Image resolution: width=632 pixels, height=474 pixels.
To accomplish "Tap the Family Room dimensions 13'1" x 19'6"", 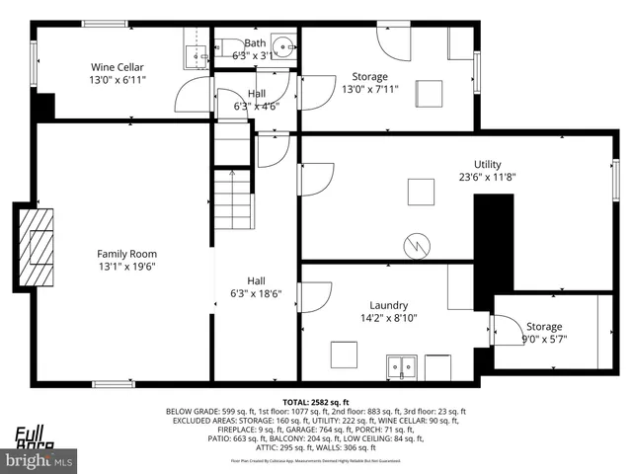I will [x=126, y=266].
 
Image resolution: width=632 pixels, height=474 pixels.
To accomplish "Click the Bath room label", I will [x=255, y=42].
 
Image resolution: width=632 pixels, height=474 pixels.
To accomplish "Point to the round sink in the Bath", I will [x=283, y=45].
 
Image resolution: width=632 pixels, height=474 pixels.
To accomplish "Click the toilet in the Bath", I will [x=223, y=43].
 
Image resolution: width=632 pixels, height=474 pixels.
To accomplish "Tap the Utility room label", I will [x=488, y=164].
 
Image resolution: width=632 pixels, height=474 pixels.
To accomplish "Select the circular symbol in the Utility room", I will [x=417, y=244].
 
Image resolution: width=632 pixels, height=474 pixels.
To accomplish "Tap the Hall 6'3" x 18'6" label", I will [x=255, y=286].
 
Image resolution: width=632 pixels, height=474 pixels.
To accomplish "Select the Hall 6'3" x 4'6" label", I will [x=255, y=100].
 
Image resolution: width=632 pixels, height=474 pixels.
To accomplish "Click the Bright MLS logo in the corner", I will [x=39, y=459].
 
